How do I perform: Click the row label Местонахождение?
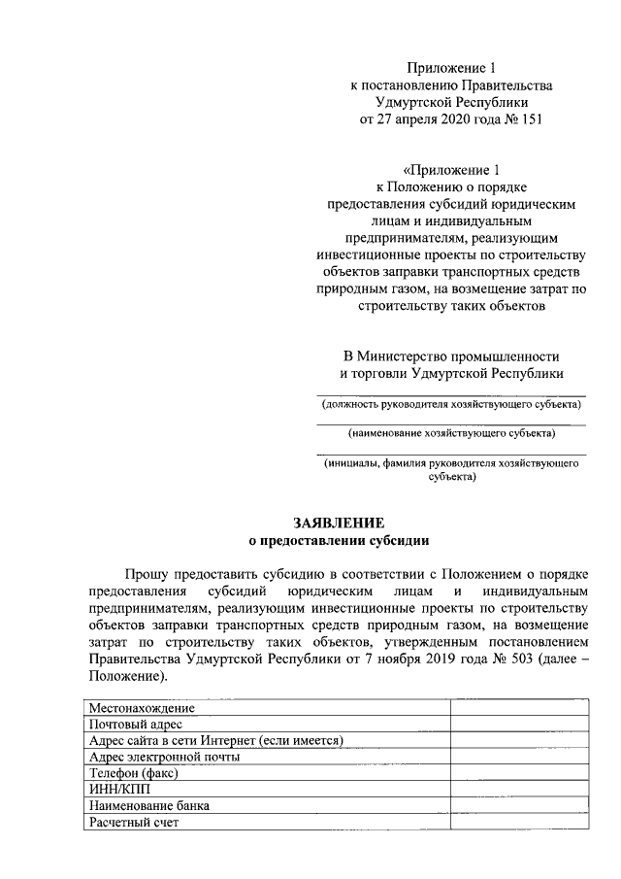click(x=141, y=707)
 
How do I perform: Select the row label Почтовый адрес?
click(x=135, y=724)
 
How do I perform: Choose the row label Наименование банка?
click(x=148, y=805)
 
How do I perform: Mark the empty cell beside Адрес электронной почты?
click(x=519, y=757)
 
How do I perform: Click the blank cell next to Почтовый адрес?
click(x=519, y=724)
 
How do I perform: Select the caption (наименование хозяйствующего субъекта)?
click(x=452, y=433)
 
